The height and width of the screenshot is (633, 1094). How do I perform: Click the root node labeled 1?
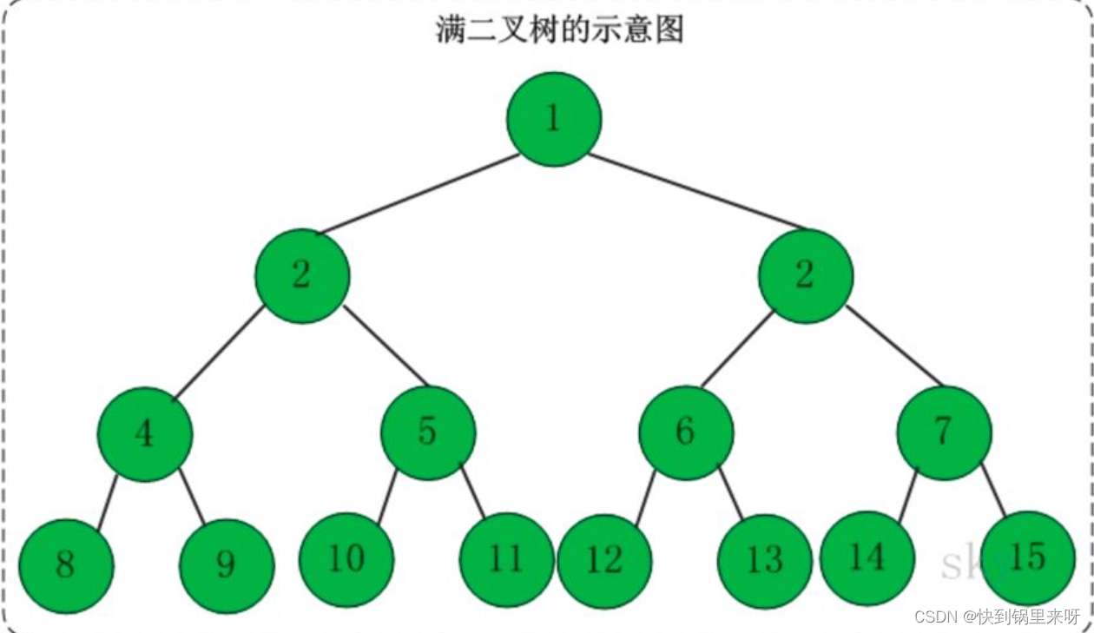point(554,119)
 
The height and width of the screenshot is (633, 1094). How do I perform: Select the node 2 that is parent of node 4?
point(302,276)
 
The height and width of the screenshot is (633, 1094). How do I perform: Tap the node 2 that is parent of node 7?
point(806,276)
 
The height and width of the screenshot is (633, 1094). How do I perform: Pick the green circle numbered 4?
point(145,433)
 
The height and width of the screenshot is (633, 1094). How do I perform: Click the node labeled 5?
point(429,432)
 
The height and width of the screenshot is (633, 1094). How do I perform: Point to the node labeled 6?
point(686,432)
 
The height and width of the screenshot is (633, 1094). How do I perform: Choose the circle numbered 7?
point(944,432)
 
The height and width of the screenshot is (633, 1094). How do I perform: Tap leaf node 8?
point(66,565)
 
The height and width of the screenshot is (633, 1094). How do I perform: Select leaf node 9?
point(227,565)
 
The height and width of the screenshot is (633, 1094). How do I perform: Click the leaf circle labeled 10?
point(346,559)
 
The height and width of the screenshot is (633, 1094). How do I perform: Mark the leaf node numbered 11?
point(506,559)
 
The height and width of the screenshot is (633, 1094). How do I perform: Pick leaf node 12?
point(604,561)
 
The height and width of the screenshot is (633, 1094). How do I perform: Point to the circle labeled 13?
point(765,561)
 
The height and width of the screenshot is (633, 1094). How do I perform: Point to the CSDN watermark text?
point(998,617)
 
